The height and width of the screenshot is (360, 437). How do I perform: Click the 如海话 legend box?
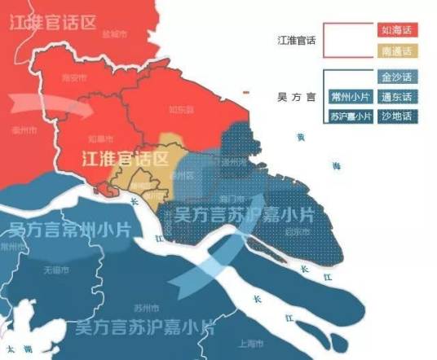tap(397, 30)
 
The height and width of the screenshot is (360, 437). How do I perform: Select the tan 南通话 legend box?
tap(397, 51)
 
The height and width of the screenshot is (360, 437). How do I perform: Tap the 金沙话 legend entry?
tap(397, 77)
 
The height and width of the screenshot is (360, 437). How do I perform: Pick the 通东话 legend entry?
tap(397, 97)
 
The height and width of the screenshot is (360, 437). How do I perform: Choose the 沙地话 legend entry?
tap(397, 116)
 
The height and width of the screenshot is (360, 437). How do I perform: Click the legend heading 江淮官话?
tap(297, 40)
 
